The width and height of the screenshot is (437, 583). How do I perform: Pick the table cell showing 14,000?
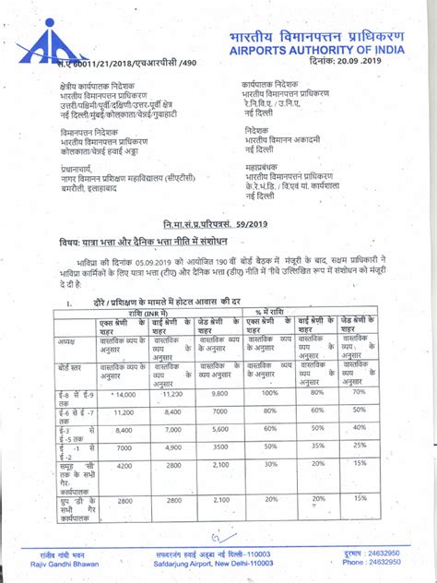point(123,393)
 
